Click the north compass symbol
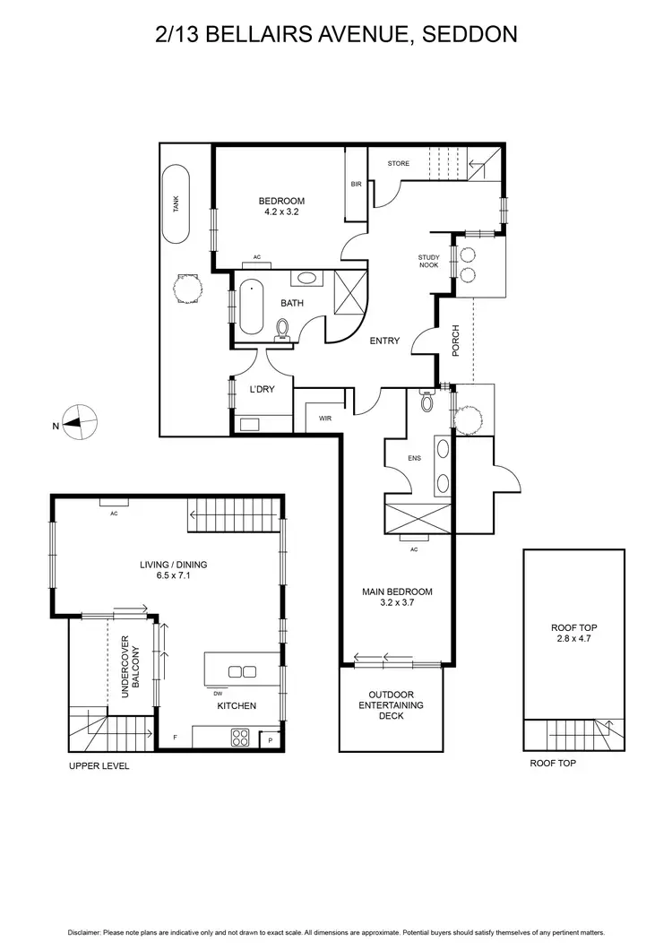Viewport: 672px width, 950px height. tap(82, 421)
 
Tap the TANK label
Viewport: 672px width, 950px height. tap(177, 204)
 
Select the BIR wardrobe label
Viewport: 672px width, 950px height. tap(356, 184)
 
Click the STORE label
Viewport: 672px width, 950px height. tap(398, 163)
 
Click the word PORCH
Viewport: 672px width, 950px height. tap(455, 341)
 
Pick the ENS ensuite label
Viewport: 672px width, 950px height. tap(414, 458)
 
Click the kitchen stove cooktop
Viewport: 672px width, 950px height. tap(241, 738)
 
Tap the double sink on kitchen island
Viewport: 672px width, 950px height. tap(241, 671)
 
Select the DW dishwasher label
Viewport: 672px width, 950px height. tap(218, 693)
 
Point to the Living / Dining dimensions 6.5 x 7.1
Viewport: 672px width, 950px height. tap(173, 576)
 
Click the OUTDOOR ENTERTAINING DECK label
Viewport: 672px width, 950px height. tap(391, 705)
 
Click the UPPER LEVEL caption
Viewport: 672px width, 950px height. tap(99, 766)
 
